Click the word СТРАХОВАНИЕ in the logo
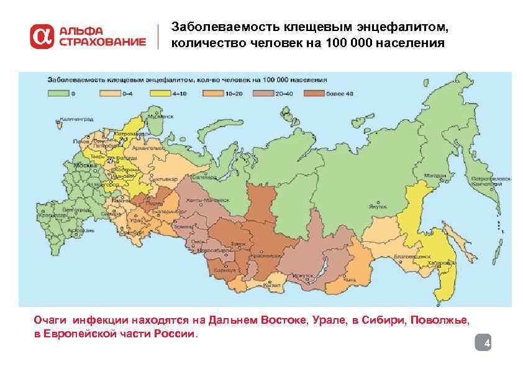pos(102,43)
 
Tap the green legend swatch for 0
pos(57,94)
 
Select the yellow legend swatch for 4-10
pos(160,94)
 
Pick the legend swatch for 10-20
pos(212,94)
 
